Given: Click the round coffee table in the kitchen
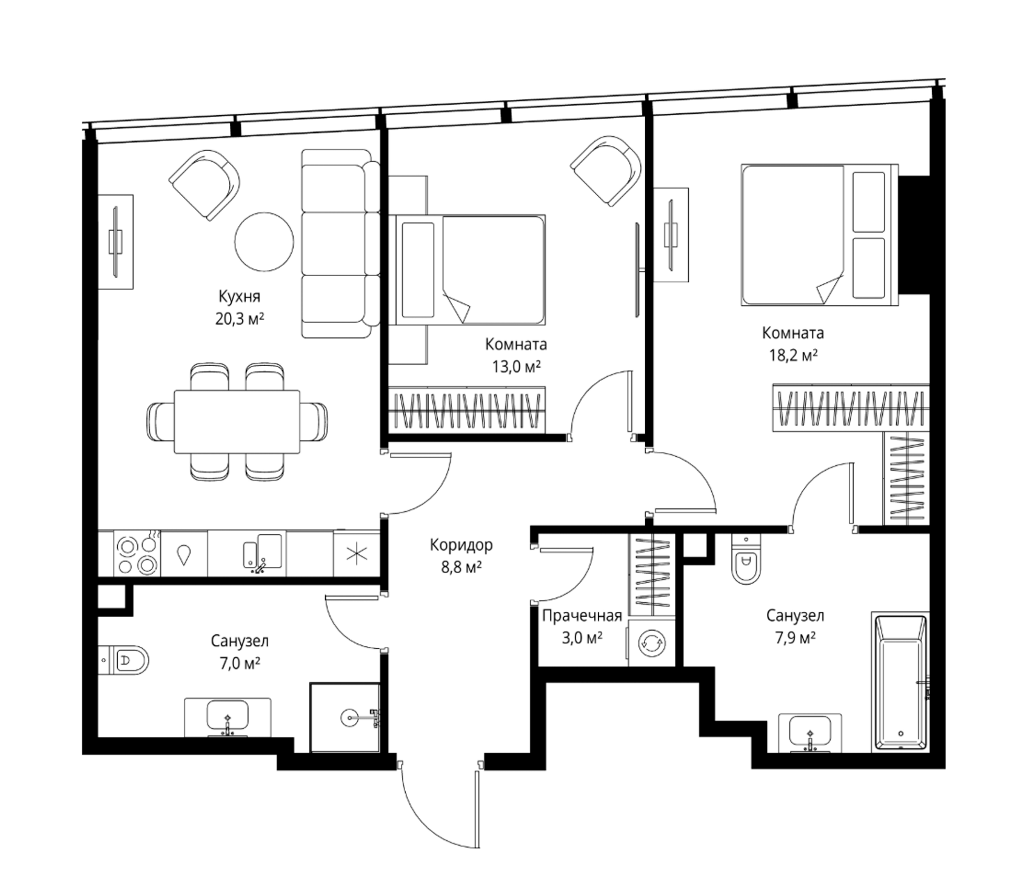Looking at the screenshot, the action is point(264,241).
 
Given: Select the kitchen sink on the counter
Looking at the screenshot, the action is point(263,553).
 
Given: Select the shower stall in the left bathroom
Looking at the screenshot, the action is point(345,717).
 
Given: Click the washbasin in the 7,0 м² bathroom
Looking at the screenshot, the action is point(227,717).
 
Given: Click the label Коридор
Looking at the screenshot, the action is point(461,545).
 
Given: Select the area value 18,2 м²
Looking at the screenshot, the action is point(794,355).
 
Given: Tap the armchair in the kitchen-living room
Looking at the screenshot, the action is point(205,185).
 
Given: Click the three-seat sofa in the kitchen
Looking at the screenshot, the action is point(340,244).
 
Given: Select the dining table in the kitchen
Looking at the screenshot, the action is point(237,421).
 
